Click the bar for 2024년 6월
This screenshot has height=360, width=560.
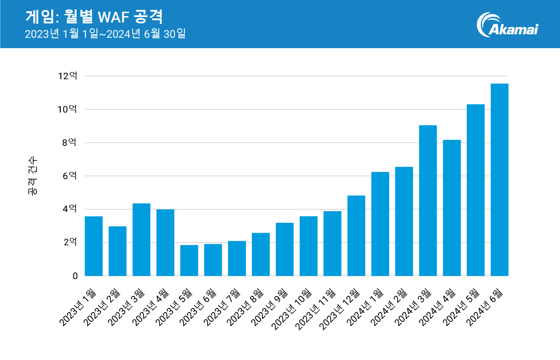[x=499, y=180]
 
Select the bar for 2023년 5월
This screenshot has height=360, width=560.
[x=189, y=261]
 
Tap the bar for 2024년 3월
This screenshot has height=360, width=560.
[x=428, y=201]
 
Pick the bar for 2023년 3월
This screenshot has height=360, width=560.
[x=141, y=240]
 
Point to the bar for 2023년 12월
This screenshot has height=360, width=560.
[x=356, y=236]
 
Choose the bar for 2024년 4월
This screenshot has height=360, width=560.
[x=452, y=208]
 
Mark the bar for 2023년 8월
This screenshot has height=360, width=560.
[x=261, y=254]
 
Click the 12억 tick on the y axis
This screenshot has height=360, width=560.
[x=67, y=76]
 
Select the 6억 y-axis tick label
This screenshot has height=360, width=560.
[x=70, y=176]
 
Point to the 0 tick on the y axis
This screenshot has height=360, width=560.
[x=75, y=276]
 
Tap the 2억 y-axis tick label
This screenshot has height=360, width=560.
[x=70, y=243]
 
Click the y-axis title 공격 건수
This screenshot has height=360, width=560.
[x=33, y=176]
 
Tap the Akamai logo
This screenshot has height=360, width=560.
[x=507, y=24]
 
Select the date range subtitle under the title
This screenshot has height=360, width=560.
[x=105, y=34]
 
